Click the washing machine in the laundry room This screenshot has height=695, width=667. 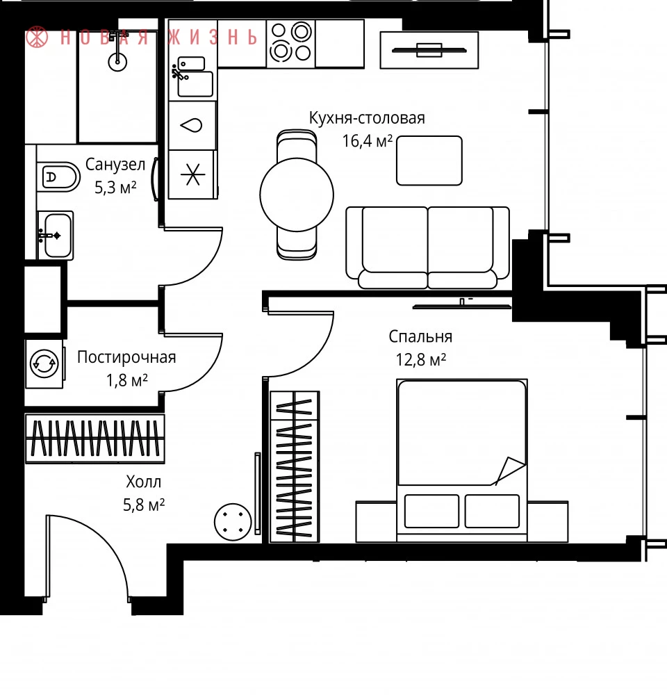(x=44, y=364)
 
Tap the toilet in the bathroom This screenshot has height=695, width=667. (x=58, y=177)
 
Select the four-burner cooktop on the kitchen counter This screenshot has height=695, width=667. (x=290, y=42)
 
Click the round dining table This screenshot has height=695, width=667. (x=297, y=195)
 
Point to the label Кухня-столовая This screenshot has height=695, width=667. (x=367, y=118)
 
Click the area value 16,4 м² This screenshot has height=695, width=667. (x=368, y=141)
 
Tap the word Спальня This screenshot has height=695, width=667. (x=420, y=337)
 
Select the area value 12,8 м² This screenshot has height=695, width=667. (x=420, y=359)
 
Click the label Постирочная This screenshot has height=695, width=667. (x=126, y=357)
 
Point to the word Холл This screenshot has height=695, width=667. (x=144, y=482)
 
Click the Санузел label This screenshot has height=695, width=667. (x=115, y=165)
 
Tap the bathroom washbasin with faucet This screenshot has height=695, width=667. (x=56, y=236)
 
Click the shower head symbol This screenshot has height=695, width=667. (x=117, y=54)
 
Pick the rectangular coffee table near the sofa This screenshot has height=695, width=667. (x=429, y=161)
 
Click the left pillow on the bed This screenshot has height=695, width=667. (x=431, y=511)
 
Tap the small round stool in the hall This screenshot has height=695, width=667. (x=233, y=522)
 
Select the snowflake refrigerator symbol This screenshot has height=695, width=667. (x=192, y=174)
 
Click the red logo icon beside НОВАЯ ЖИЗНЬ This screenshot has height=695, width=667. (x=37, y=37)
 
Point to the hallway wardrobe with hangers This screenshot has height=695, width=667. (x=95, y=439)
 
